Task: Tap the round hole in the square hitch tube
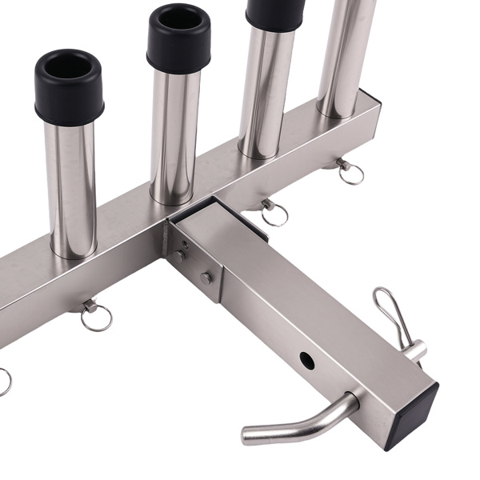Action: point(307,360)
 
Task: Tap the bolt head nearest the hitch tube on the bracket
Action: point(206,278)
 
